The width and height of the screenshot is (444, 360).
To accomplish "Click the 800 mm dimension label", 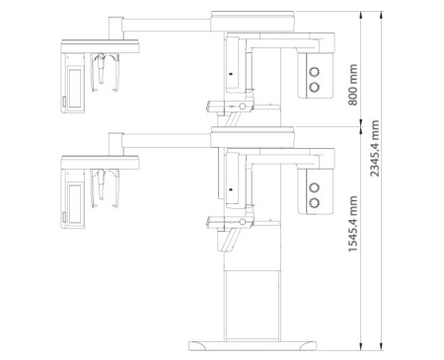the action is pos(352,85).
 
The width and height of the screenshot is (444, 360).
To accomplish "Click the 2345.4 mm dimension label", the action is pos(374,148).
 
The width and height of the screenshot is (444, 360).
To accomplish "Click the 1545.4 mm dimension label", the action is pos(353,224).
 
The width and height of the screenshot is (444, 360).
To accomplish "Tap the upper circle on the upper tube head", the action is pos(315,71).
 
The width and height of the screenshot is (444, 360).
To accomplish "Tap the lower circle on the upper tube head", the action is pos(315,87).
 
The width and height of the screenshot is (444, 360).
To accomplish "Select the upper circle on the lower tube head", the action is pos(315,187).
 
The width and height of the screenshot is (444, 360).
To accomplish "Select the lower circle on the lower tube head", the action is pos(315,202).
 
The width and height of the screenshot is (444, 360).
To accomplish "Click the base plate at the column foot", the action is pos(253,346).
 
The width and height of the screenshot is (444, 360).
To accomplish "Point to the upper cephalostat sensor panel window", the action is pos(75,88).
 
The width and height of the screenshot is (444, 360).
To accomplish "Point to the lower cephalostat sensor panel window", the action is pos(75,204).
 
